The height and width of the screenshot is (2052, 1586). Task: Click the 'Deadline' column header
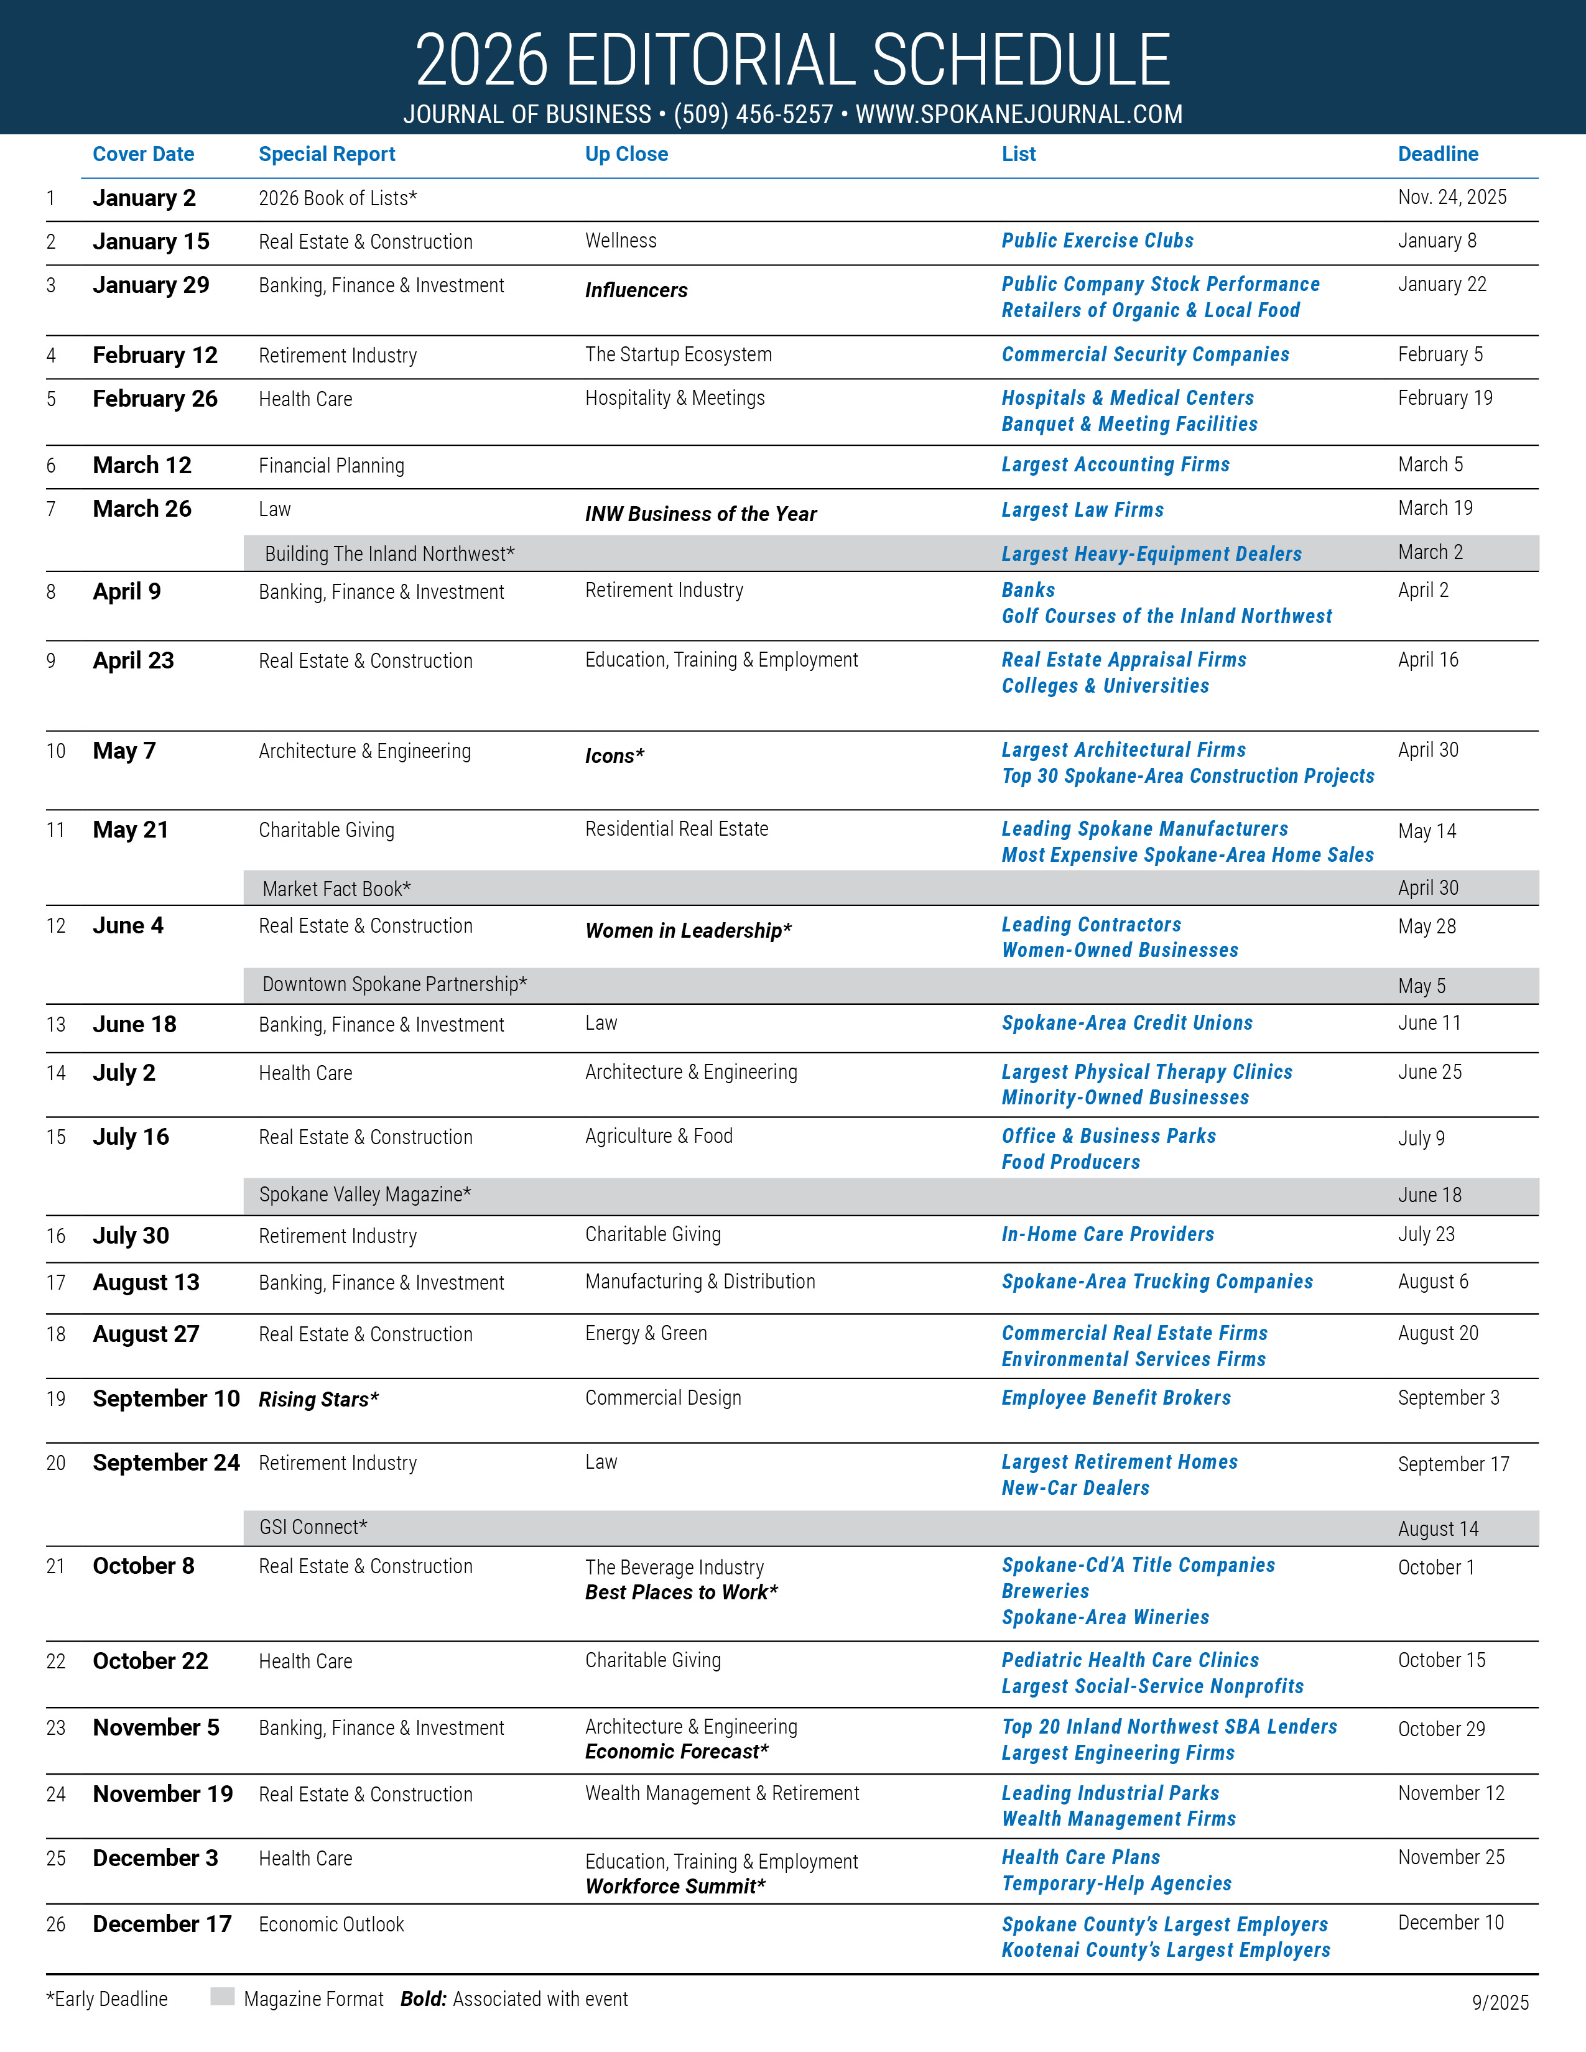1437,154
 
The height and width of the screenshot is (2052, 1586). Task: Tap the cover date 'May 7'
124,751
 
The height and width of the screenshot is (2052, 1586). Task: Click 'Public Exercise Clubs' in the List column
1097,241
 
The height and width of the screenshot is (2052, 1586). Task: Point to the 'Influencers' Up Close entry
636,290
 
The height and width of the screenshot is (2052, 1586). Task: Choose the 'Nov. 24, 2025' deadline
1452,197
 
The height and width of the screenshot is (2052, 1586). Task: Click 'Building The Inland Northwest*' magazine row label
389,554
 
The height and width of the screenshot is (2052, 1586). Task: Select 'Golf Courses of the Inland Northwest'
1166,616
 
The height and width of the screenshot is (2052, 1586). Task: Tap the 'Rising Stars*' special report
318,1399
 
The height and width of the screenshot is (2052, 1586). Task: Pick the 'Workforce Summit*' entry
675,1886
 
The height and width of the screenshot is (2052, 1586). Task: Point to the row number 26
57,1925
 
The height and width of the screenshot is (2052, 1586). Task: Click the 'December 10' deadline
1450,1922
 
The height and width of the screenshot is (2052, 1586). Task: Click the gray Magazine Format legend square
223,1997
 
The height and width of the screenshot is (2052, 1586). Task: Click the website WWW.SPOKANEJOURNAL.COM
1019,114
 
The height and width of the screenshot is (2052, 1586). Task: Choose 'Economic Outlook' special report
331,1925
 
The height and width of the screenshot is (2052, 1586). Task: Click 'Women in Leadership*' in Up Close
688,930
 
